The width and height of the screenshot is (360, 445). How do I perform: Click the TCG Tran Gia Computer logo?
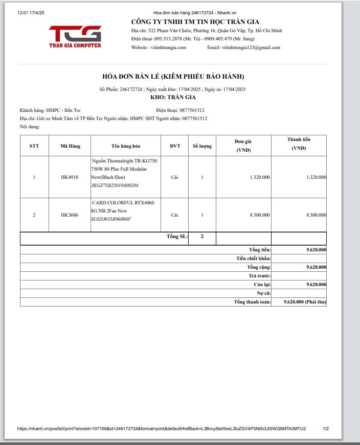click(75, 36)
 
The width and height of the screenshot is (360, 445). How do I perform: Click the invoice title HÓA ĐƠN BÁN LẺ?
click(173, 77)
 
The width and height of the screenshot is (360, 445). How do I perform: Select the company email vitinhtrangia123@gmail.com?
click(251, 48)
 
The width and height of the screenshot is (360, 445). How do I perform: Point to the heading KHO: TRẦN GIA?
click(173, 97)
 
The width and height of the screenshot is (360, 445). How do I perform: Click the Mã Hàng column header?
click(70, 146)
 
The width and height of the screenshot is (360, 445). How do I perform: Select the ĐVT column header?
click(175, 146)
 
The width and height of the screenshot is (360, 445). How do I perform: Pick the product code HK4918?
click(70, 177)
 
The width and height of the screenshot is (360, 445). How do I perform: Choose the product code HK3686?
click(70, 215)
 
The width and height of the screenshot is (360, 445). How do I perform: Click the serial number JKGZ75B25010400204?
click(115, 185)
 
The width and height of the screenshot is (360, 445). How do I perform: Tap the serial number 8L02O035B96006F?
click(111, 219)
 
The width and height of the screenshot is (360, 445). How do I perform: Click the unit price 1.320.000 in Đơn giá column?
click(260, 177)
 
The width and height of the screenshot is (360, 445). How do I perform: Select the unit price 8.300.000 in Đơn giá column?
click(260, 215)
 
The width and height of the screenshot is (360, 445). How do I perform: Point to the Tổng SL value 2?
click(202, 237)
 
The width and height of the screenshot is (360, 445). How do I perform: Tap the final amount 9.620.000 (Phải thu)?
click(305, 302)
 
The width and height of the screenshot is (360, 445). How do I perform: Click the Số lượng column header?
click(202, 146)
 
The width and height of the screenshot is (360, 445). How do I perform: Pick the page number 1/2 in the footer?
click(326, 429)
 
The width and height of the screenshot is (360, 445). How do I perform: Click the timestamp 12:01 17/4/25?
click(31, 12)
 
